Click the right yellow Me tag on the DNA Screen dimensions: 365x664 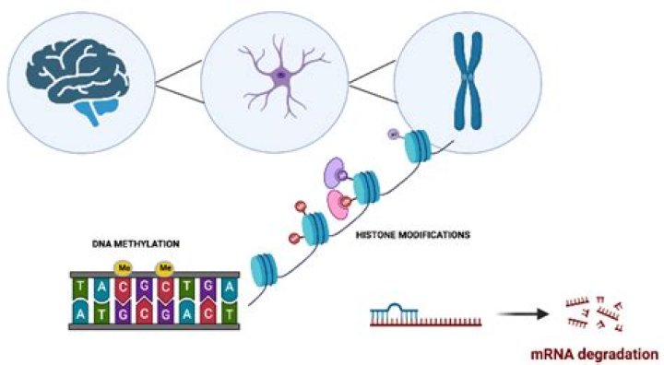pos(166,269)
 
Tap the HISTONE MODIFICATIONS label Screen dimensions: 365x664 pos(412,235)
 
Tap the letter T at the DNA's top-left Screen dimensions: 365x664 pos(80,288)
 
